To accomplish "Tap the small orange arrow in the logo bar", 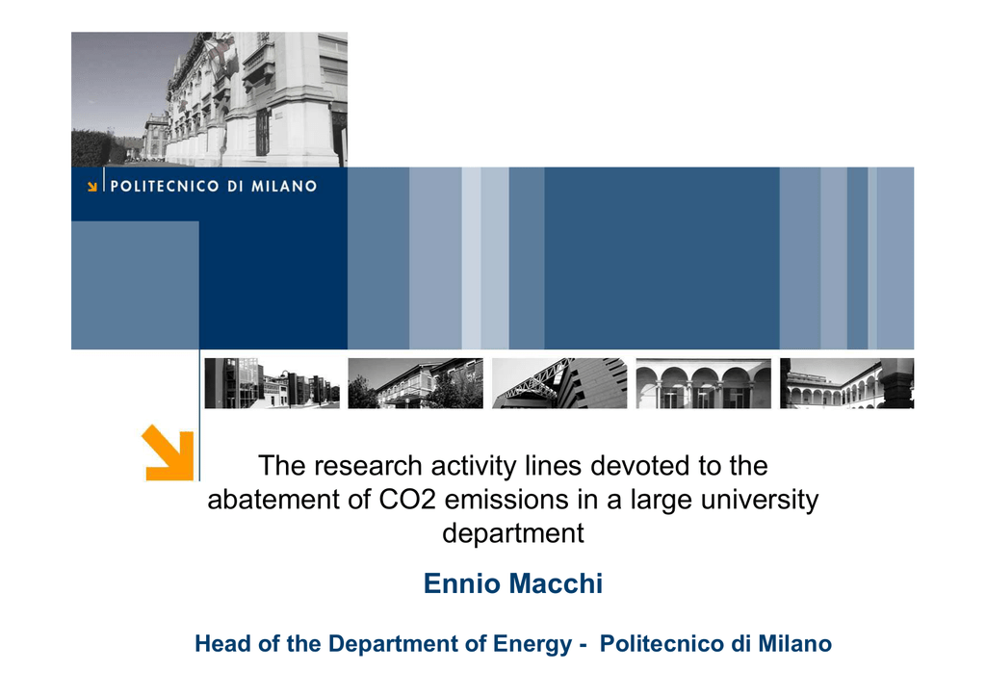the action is (x=91, y=186).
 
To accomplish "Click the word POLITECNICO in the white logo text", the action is (x=165, y=186).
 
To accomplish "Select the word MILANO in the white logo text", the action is (x=284, y=186).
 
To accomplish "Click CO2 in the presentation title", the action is (x=407, y=500).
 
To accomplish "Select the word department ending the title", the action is (x=513, y=533).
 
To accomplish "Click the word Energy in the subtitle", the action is (x=532, y=645).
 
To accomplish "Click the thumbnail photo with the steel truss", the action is (x=559, y=383).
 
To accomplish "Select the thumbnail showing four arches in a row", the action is (x=703, y=383).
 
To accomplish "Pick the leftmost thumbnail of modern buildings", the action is (x=272, y=383).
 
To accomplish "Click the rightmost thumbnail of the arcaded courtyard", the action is (x=846, y=383).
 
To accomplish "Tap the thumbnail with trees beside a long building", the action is (x=416, y=383).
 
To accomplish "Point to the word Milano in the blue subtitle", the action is (x=794, y=644).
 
